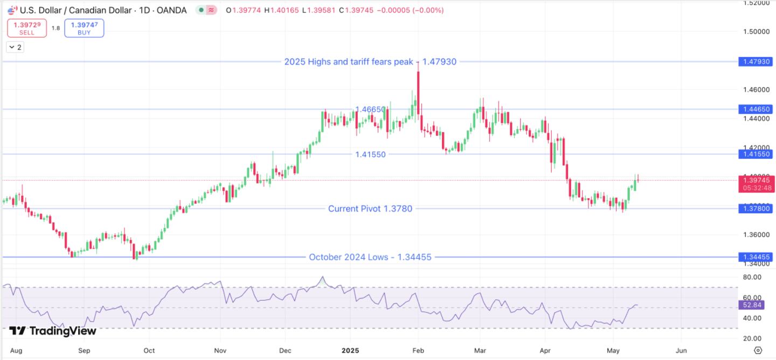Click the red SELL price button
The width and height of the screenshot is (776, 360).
[27, 28]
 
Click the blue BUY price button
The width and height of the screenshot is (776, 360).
[84, 28]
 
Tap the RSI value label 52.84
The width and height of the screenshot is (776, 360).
[752, 306]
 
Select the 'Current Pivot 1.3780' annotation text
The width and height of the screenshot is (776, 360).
[370, 209]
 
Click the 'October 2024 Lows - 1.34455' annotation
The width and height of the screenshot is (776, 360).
[370, 257]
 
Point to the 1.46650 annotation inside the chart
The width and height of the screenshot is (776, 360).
[370, 109]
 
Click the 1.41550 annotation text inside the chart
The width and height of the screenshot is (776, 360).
[370, 154]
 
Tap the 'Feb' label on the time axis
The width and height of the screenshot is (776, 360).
[418, 350]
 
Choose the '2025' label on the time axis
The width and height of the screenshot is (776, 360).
[350, 350]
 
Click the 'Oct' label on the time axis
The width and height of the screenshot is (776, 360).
[149, 350]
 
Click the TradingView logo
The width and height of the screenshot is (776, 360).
[52, 331]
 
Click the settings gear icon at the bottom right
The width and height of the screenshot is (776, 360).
[758, 350]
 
